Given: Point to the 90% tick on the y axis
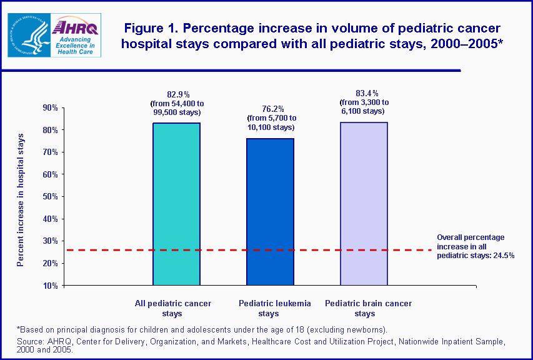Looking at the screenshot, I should point(49,107).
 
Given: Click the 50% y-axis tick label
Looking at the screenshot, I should point(49,196).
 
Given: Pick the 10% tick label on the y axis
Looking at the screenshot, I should point(49,285).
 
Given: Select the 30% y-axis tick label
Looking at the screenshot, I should point(49,241).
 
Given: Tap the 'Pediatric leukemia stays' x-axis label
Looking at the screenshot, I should point(274,308).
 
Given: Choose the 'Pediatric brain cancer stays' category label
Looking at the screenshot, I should point(368,308).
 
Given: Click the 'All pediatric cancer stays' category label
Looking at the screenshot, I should point(173,308).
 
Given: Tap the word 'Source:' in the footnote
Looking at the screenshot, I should point(30,342).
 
